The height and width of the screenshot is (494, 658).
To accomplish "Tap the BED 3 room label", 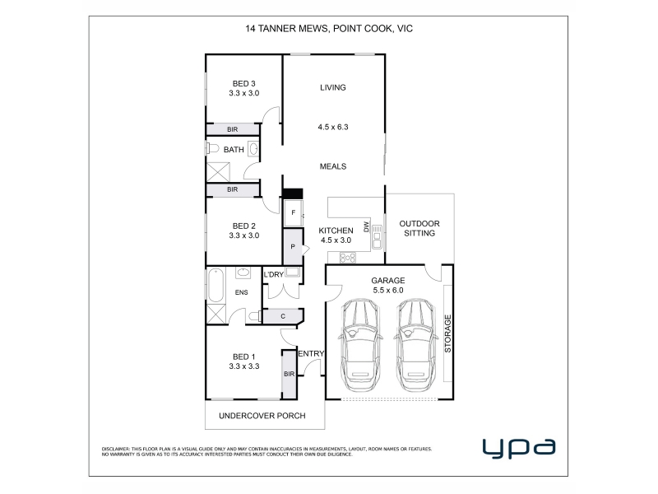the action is (x=243, y=84).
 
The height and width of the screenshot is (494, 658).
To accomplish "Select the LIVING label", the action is (x=333, y=87).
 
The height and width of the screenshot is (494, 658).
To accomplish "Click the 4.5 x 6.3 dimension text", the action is (x=333, y=127).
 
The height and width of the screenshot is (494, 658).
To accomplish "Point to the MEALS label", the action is (x=333, y=166).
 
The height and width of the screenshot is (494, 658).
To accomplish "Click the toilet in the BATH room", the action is (x=213, y=148).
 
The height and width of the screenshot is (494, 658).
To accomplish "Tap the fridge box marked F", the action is (x=294, y=213).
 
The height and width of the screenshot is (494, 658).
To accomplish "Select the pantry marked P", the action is (x=293, y=246).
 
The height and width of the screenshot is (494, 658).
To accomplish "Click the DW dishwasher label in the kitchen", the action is (x=365, y=227).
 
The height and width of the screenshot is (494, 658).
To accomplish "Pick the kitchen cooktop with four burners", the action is (x=347, y=257).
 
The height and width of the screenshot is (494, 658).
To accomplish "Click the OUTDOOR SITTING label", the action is (x=419, y=229).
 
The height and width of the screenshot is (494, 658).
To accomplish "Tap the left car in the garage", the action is (x=361, y=345).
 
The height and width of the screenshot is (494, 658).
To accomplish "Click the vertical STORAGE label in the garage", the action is (x=447, y=333).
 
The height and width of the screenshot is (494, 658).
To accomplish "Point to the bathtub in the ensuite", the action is (x=215, y=286).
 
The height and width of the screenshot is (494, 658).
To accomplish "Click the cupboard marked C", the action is (x=283, y=316).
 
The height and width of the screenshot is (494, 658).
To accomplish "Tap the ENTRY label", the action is (x=311, y=354).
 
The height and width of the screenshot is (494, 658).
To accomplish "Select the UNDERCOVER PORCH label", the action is (x=262, y=416).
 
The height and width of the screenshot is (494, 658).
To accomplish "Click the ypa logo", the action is (x=519, y=448).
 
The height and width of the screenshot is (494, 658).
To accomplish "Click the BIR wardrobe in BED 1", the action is (x=290, y=374).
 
